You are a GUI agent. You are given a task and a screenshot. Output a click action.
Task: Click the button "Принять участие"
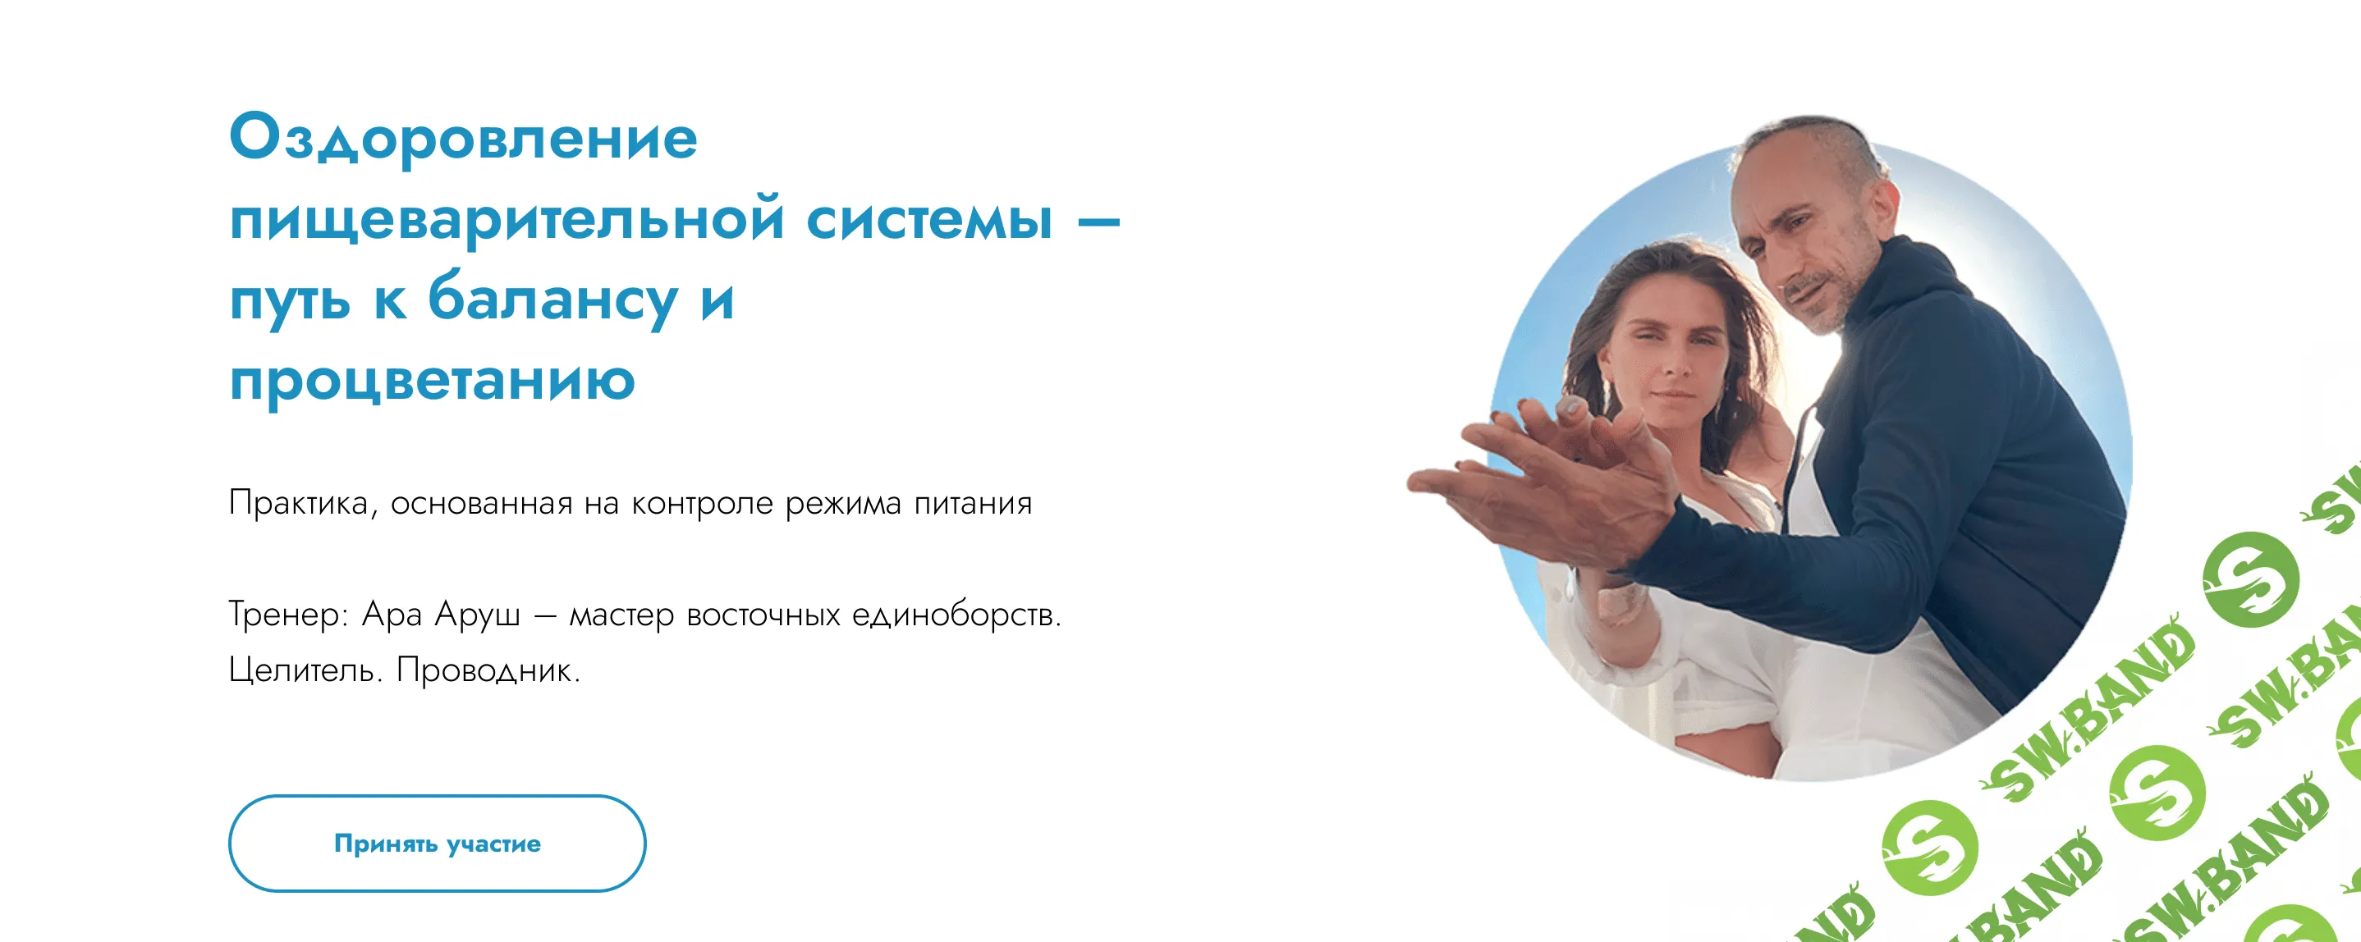click(x=438, y=843)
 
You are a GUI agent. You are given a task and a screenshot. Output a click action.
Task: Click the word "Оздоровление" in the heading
click(x=463, y=139)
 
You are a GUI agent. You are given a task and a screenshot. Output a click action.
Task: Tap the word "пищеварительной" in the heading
click(x=507, y=220)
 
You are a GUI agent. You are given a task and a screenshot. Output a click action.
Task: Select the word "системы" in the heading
click(x=929, y=220)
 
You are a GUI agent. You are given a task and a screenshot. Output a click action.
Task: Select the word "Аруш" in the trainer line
click(x=477, y=614)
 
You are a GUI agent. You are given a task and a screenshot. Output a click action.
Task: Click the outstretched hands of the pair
click(x=1558, y=477)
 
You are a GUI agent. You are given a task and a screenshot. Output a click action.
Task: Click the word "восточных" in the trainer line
click(x=763, y=614)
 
